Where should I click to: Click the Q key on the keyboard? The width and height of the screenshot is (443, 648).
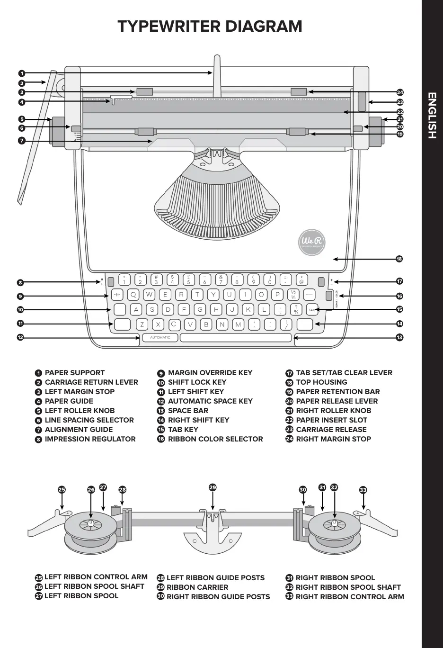pos(133,295)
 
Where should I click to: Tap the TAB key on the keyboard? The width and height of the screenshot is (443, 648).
pos(312,310)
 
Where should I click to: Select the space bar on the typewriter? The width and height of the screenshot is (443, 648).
pos(236,337)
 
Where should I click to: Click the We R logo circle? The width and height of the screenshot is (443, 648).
pos(312,242)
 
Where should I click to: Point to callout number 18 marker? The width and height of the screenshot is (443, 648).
pos(399,259)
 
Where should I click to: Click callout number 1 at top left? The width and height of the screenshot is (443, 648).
pos(22,73)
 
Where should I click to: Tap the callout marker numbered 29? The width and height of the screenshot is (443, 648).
pos(213,487)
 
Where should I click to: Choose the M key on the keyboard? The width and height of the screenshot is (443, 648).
pos(238,324)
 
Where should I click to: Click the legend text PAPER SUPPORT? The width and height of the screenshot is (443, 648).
pos(75,373)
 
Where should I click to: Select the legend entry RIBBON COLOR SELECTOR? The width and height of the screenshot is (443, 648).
pos(215,439)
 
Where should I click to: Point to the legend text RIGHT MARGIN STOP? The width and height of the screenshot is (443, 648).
pos(333,439)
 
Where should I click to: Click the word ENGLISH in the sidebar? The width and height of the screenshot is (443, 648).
pos(432,116)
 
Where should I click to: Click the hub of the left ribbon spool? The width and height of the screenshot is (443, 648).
pos(90,524)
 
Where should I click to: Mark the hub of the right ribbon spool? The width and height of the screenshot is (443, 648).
pos(334,524)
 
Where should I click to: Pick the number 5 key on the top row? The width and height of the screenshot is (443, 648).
pos(188,280)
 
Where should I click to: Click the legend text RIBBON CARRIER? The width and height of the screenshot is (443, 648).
pos(197,587)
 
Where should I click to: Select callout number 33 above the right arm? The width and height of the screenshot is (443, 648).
pos(363,490)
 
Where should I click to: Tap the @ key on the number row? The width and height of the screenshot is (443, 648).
pos(301,280)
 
